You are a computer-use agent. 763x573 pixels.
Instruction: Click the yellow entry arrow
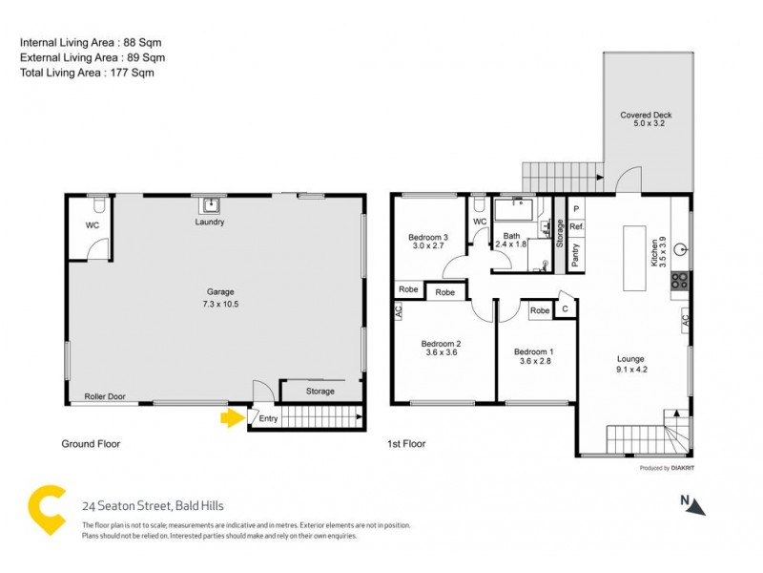(x=232, y=417)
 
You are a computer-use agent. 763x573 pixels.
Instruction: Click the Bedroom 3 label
(x=428, y=237)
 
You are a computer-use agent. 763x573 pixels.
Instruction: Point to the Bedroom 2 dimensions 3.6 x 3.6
(x=442, y=352)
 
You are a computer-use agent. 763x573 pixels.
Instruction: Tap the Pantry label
(x=575, y=254)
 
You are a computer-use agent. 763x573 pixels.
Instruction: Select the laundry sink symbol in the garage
(x=210, y=204)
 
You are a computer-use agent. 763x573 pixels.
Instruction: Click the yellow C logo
(x=44, y=511)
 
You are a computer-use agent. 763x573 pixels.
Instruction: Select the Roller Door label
(x=106, y=396)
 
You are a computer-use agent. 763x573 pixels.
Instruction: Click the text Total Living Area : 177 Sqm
(x=87, y=73)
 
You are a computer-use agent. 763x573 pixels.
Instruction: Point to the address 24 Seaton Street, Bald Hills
(x=153, y=506)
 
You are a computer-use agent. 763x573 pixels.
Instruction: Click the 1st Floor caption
(x=406, y=444)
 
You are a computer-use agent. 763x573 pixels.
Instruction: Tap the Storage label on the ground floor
(x=320, y=392)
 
